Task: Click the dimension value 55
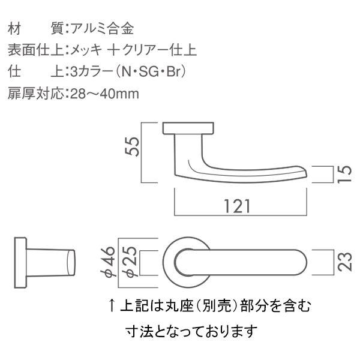(x=132, y=147)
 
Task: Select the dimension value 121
(x=237, y=206)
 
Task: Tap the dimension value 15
(x=344, y=174)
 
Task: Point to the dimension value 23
(x=345, y=262)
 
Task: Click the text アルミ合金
(x=102, y=29)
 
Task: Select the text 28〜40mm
(x=104, y=94)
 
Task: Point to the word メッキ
(x=86, y=50)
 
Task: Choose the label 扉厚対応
(x=35, y=94)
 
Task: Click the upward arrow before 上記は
(x=112, y=305)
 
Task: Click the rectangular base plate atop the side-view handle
(x=188, y=128)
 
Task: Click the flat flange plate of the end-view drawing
(x=20, y=262)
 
